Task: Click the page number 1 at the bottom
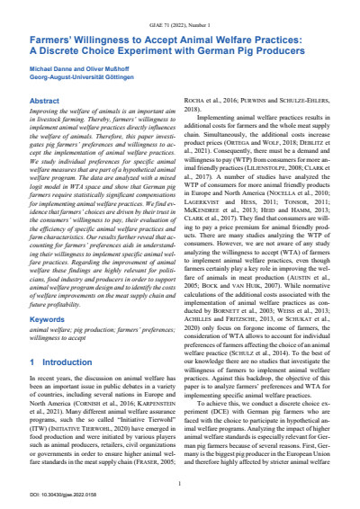point(180,485)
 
